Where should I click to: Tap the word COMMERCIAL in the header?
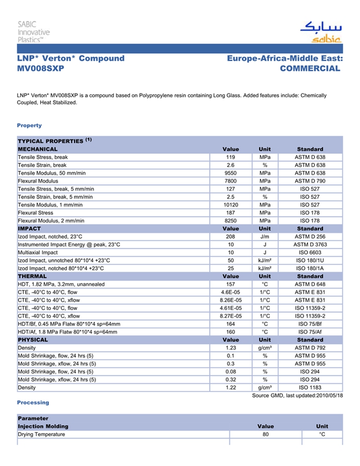(x=310, y=68)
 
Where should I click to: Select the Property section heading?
(x=29, y=126)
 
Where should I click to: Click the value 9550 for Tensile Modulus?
(x=230, y=173)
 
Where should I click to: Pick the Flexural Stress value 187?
(x=230, y=212)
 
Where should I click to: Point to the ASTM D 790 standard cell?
(x=310, y=181)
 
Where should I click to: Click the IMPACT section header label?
(x=29, y=228)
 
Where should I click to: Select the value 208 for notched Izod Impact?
(x=230, y=237)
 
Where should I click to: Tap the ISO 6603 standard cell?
(x=310, y=253)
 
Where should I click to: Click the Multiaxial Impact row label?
(x=38, y=253)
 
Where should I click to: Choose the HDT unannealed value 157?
(x=230, y=284)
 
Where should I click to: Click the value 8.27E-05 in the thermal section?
(x=230, y=316)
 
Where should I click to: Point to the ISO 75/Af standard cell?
(x=310, y=332)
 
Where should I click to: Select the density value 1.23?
(x=230, y=348)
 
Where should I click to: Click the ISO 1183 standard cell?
(x=310, y=387)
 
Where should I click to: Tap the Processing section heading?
(x=33, y=402)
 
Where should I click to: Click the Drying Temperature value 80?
(x=265, y=435)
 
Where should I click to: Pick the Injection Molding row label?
(x=43, y=426)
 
